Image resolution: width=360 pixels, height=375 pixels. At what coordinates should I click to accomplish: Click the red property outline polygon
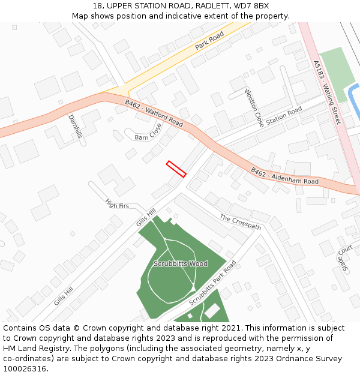[176, 169]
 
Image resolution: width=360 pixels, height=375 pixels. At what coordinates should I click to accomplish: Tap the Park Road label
[209, 41]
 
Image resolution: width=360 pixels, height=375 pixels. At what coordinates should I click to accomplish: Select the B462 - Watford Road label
[154, 113]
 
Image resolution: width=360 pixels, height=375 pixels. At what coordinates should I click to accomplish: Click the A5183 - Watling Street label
[326, 92]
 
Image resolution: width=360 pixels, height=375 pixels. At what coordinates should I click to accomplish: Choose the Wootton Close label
[254, 108]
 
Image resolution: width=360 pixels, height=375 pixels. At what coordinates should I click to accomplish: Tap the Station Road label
[284, 116]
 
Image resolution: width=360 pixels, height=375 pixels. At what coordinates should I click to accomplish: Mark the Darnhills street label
[75, 126]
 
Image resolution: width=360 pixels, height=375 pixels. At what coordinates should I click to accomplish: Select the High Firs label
[117, 205]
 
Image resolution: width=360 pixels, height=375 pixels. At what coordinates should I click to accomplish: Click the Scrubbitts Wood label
[181, 263]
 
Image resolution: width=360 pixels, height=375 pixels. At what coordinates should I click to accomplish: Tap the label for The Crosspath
[240, 222]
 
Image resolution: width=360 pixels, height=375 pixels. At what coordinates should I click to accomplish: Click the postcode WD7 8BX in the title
[252, 6]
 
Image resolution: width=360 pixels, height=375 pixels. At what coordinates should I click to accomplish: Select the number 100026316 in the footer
[26, 369]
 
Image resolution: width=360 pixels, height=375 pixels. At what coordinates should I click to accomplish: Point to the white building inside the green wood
[212, 311]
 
